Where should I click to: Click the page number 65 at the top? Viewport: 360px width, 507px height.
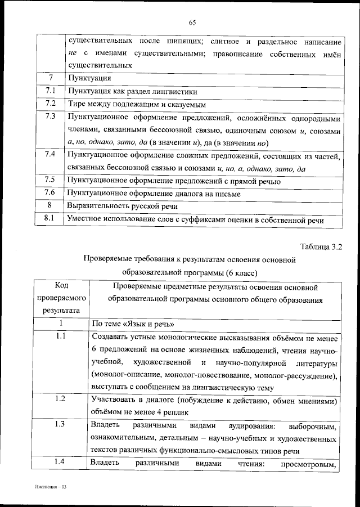click(x=192, y=23)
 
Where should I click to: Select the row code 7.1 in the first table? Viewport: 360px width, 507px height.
click(x=50, y=91)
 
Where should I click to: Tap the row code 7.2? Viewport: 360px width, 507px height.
click(x=50, y=104)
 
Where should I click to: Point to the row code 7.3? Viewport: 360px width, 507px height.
click(x=50, y=118)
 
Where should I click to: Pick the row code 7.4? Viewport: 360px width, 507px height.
click(x=50, y=154)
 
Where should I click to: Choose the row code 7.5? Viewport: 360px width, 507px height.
click(x=50, y=180)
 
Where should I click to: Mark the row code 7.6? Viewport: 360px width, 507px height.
click(x=50, y=193)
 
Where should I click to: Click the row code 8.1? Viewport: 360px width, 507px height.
click(x=50, y=219)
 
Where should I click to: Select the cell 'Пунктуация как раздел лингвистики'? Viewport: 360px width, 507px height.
click(x=133, y=91)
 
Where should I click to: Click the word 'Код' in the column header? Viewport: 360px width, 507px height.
click(x=62, y=285)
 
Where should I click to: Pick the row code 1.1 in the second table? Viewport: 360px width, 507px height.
click(x=62, y=336)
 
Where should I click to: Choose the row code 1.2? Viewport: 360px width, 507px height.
click(x=62, y=399)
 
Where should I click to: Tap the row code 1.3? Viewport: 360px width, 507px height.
click(x=62, y=424)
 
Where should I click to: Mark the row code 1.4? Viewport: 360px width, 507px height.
click(x=62, y=462)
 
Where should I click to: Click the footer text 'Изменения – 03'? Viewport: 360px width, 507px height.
click(x=49, y=486)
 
